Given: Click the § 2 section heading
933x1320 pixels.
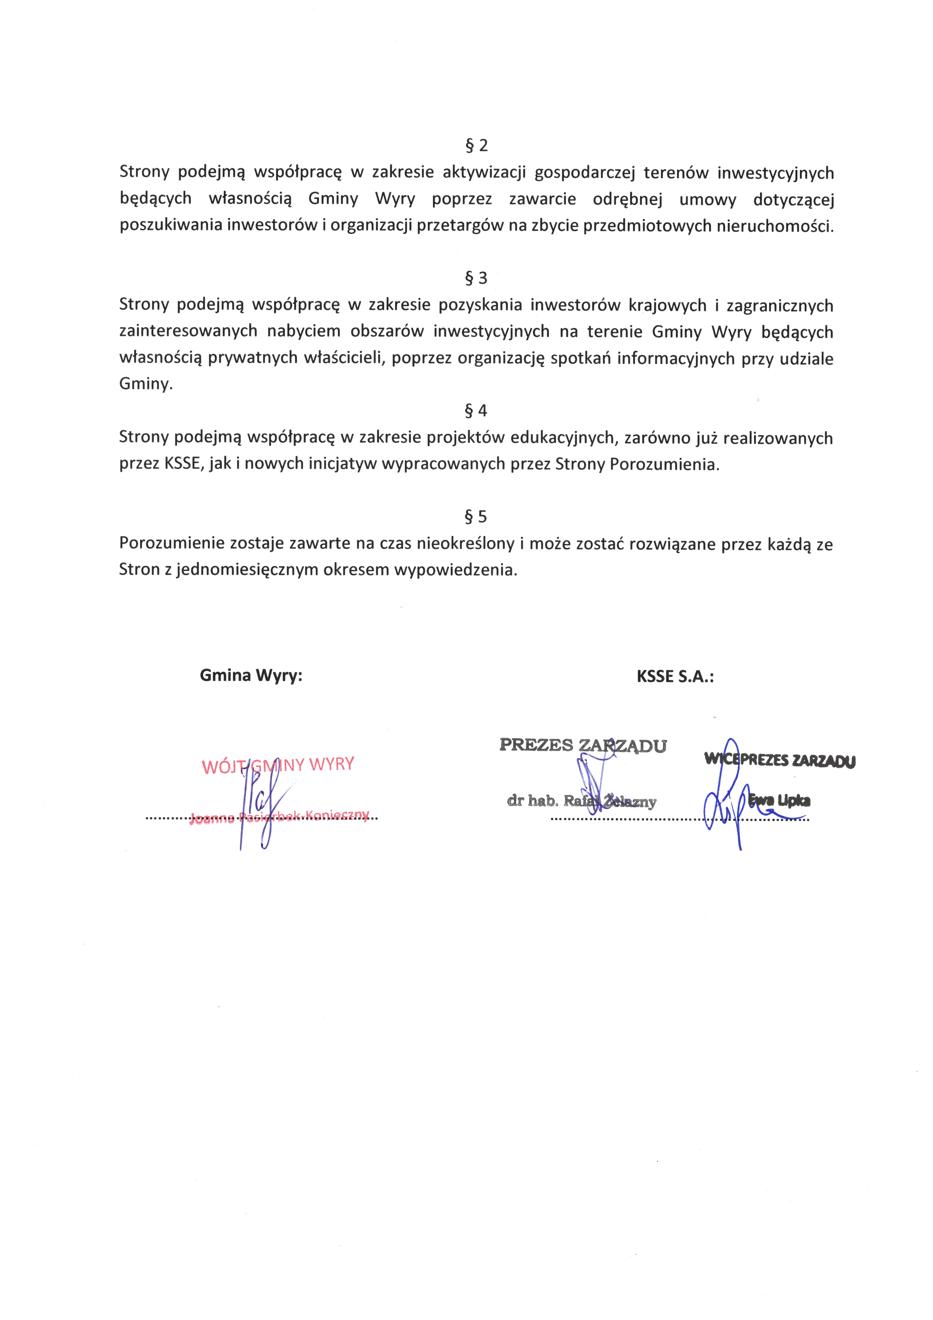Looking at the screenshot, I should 476,145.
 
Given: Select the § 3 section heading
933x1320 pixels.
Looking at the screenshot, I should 476,278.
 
